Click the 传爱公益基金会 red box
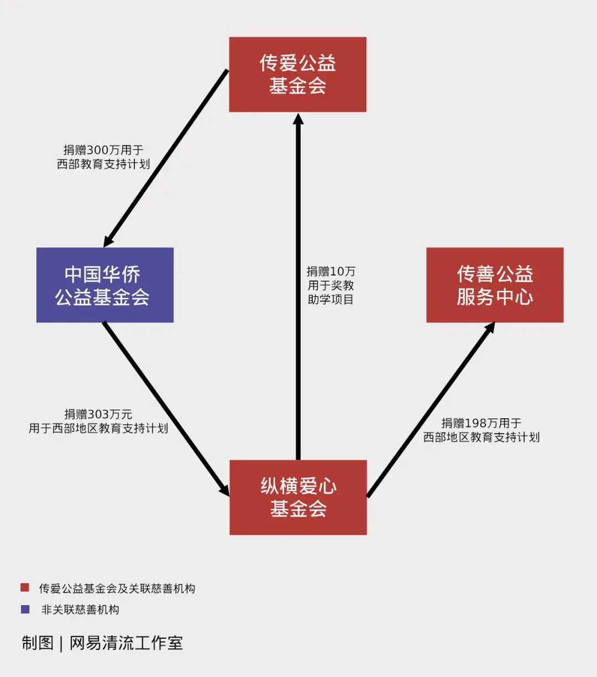coord(297,75)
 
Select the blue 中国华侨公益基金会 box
coord(105,285)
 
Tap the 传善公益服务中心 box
coord(495,285)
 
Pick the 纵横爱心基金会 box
coord(298,497)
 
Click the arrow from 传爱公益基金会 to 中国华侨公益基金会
coord(166,158)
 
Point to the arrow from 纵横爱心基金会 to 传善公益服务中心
coord(431,409)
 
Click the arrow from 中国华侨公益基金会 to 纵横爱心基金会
coord(166,408)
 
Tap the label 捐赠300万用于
coord(103,150)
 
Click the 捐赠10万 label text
coord(331,272)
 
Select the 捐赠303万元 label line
coord(98,414)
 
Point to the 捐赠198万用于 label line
coord(481,423)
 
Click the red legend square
coord(25,587)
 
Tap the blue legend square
coord(25,610)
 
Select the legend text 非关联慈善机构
coord(80,610)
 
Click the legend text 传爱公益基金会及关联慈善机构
coord(117,589)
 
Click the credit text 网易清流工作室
coord(126,643)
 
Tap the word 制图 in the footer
coord(38,643)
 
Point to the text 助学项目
coord(331,299)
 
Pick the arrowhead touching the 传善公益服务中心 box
coord(489,328)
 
